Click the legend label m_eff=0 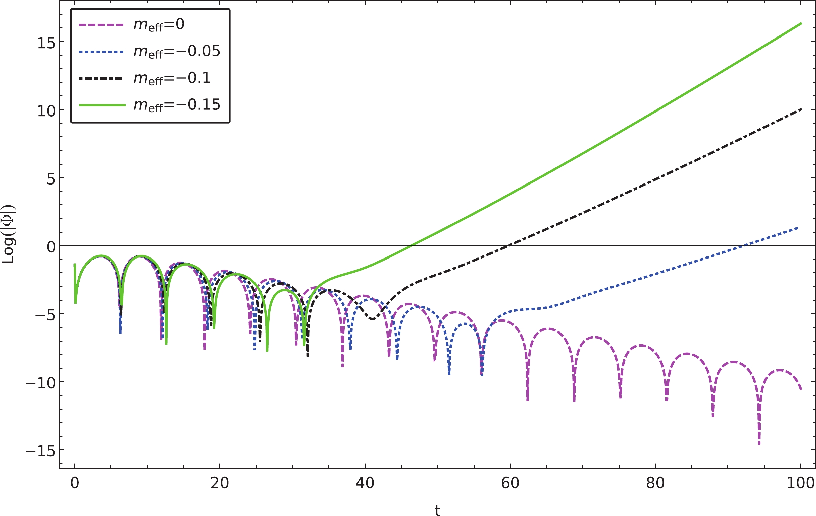pos(159,25)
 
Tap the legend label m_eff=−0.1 pos(172,78)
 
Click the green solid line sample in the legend pos(102,105)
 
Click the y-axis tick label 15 pos(46,43)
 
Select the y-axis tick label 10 pos(46,111)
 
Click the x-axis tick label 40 pos(365,483)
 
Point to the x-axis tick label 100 pos(800,483)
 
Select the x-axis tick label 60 pos(510,483)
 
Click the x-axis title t pos(437,510)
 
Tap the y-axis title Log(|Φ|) pos(8,234)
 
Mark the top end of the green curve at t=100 pos(801,23)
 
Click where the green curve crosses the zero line pos(411,245)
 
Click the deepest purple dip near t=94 pos(759,443)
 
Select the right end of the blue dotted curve pos(798,228)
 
